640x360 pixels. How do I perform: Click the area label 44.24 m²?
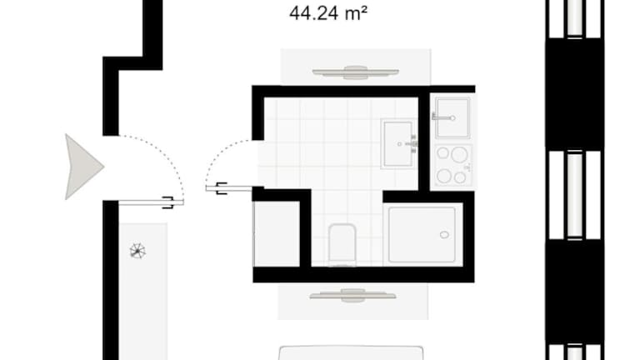[328, 13]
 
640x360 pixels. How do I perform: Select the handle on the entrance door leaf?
[168, 202]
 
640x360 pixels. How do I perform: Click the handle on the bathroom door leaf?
[221, 188]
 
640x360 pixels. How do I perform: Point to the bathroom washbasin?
[398, 143]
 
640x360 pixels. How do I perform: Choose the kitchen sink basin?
[452, 117]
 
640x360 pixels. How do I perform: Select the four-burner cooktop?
[453, 165]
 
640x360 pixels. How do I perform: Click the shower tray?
[422, 235]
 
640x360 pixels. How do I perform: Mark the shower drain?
[444, 235]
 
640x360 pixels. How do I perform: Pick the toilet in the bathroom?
[342, 244]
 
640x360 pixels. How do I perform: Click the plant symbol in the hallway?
[137, 251]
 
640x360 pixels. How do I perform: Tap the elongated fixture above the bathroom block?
[356, 72]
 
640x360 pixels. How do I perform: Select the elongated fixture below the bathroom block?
[352, 296]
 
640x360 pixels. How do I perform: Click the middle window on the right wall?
[575, 195]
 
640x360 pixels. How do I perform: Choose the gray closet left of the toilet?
[277, 234]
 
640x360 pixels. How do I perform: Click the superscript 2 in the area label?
[364, 9]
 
